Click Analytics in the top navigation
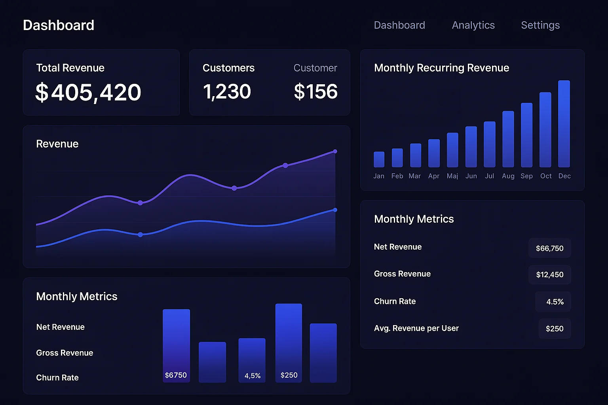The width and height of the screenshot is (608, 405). tap(473, 25)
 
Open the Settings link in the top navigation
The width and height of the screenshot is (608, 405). tap(540, 25)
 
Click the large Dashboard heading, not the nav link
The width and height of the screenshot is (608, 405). tap(59, 25)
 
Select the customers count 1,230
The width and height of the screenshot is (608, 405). tap(227, 92)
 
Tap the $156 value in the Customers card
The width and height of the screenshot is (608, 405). tap(315, 92)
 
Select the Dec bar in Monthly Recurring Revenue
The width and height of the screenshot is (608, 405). tap(564, 124)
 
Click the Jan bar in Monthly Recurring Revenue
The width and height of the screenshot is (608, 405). tap(379, 159)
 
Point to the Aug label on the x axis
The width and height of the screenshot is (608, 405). tap(508, 176)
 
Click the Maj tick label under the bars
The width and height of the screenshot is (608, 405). tap(452, 176)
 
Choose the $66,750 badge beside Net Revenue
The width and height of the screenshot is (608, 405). tap(549, 248)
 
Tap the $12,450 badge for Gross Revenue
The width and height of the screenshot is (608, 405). tap(549, 275)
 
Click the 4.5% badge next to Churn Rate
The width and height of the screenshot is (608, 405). tap(555, 302)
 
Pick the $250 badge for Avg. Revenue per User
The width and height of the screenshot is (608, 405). tap(554, 329)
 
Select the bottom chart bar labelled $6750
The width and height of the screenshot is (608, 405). tap(176, 345)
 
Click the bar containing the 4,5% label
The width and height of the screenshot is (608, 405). tap(252, 360)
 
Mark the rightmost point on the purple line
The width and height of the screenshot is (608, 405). tap(335, 151)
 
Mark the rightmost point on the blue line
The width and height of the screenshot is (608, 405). tap(335, 210)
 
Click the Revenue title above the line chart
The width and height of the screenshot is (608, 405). tap(57, 144)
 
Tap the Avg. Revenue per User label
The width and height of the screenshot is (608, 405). tap(416, 328)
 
